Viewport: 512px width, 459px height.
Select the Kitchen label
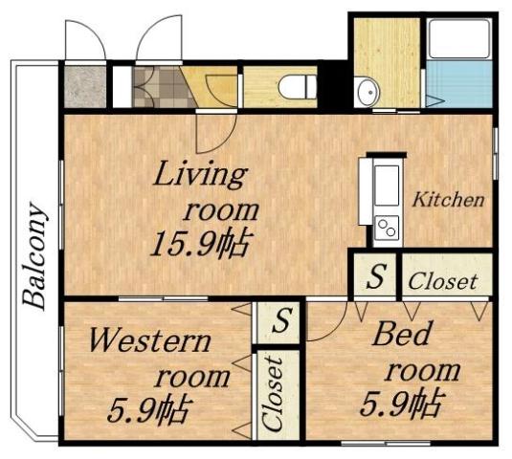pos(448,201)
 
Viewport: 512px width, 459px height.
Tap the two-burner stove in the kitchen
pos(387,229)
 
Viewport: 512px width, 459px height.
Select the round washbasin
pos(367,93)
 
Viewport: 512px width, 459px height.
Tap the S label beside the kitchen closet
pos(376,278)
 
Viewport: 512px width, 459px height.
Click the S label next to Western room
pos(279,320)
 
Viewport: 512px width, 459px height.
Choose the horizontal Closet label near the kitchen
pos(443,281)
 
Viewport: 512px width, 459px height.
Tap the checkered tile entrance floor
pos(153,86)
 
